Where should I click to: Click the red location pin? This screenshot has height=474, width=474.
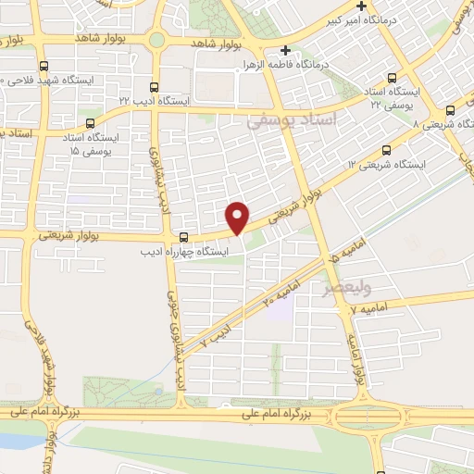[x=238, y=217]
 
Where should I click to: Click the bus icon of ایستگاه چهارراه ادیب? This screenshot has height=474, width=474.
[x=184, y=236]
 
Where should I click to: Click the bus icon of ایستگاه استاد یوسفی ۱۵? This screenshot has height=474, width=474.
[x=91, y=122]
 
